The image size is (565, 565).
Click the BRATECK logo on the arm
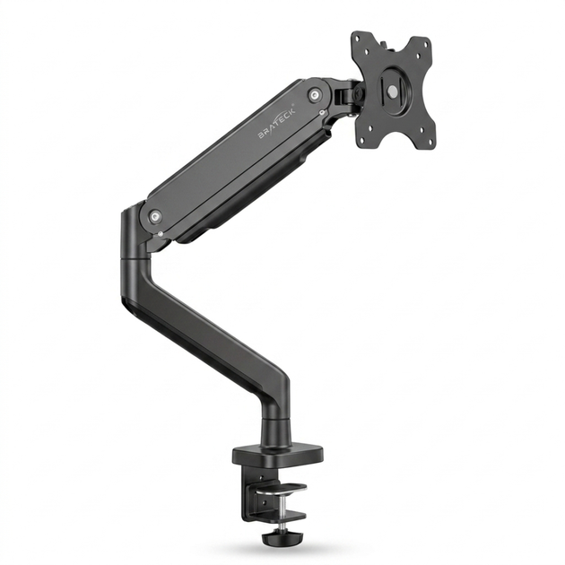[x=277, y=122]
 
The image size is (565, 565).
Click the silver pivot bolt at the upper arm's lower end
[x=155, y=216]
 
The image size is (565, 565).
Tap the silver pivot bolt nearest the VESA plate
[x=315, y=94]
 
